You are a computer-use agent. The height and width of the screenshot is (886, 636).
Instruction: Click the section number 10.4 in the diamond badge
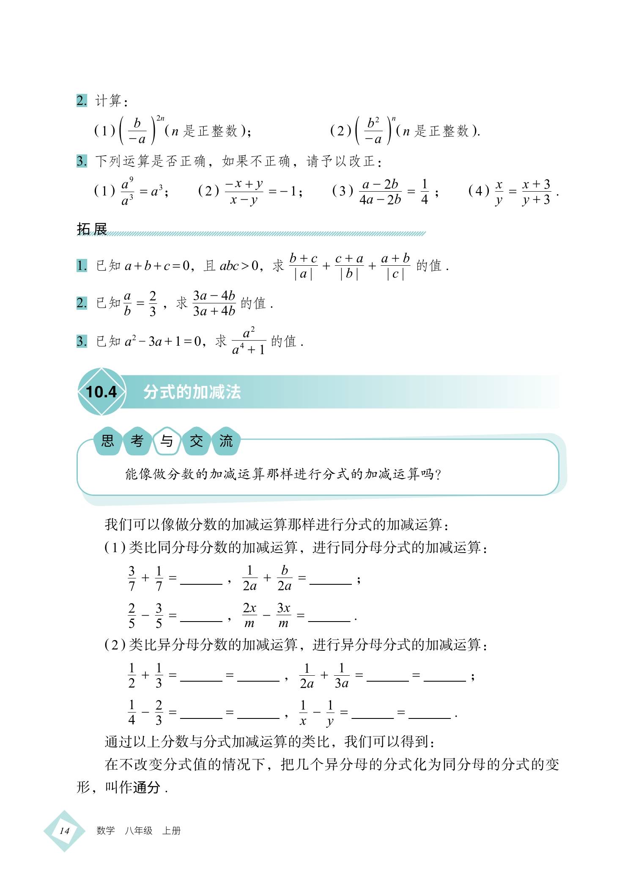101,392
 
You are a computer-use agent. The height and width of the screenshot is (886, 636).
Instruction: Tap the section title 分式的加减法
192,392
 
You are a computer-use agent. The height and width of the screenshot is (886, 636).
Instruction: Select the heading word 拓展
92,229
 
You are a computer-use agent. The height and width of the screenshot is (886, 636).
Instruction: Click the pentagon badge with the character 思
108,441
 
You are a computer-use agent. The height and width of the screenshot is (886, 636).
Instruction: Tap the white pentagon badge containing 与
167,441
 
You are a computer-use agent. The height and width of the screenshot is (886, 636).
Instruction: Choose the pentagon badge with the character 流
226,441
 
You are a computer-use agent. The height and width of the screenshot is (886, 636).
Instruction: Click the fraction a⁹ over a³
127,192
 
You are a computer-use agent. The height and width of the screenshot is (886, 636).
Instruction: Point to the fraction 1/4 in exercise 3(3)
425,192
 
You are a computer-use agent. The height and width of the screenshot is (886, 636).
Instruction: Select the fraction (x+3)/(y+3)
536,192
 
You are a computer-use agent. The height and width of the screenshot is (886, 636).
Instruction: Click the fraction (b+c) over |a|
303,266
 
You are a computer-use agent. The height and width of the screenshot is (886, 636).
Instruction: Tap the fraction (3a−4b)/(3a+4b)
214,303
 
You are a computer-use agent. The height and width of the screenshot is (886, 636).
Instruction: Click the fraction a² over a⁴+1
249,341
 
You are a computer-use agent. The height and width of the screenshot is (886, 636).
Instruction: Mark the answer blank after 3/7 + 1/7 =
201,580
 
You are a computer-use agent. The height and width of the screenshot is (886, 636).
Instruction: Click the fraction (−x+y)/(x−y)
244,192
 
